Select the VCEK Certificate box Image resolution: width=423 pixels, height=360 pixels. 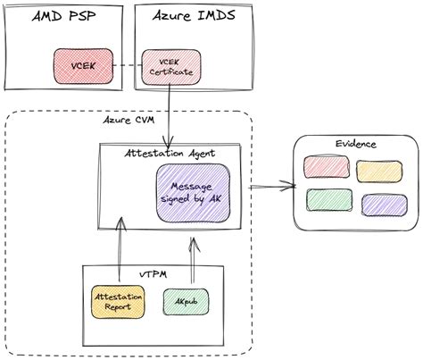click(170, 66)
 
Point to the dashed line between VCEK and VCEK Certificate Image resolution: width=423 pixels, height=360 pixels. click(128, 65)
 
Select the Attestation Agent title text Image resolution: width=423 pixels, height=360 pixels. click(169, 153)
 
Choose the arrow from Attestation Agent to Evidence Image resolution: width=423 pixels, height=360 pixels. click(272, 187)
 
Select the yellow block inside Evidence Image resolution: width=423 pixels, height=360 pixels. click(375, 171)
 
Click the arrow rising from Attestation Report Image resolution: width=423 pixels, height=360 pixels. click(119, 253)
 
